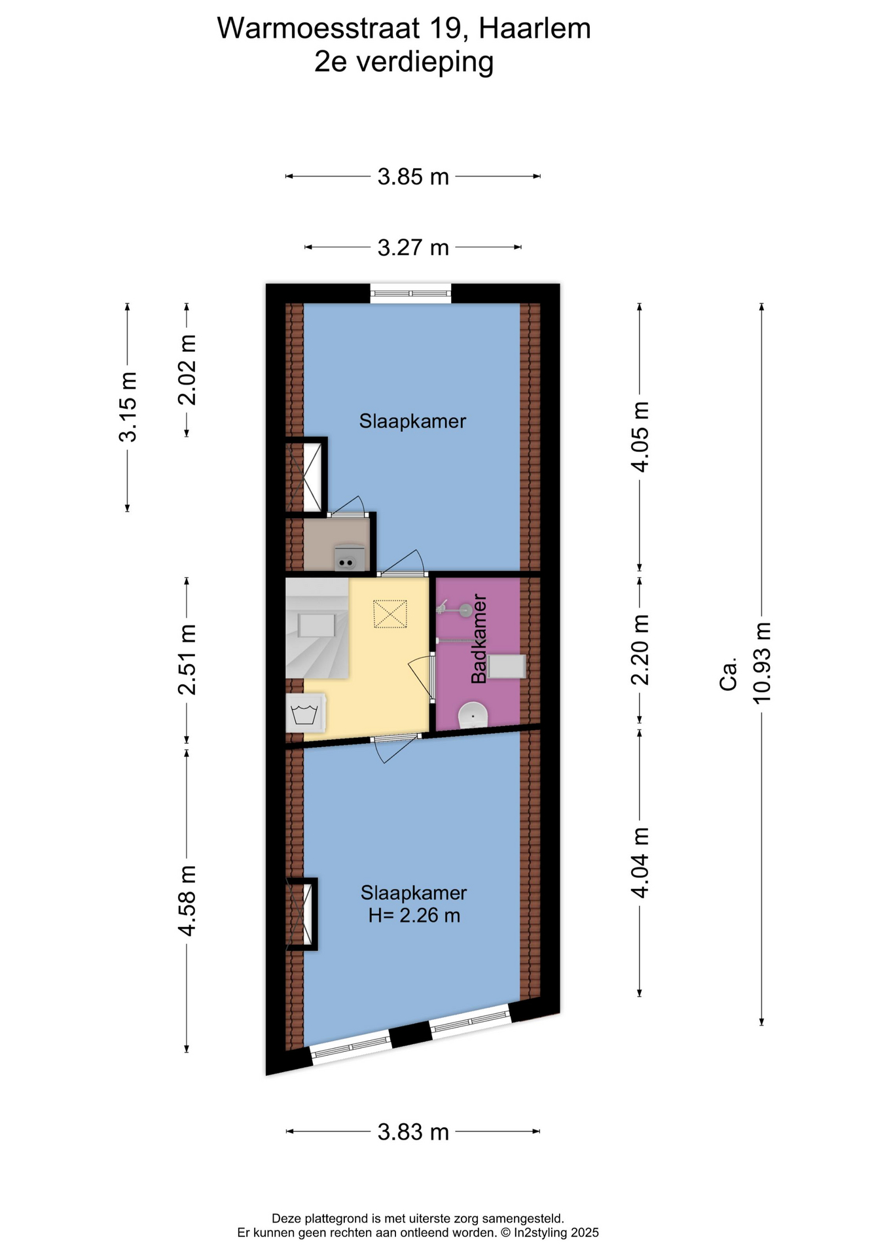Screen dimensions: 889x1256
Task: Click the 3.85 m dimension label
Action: pos(413,177)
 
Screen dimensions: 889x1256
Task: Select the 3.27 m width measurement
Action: pos(413,247)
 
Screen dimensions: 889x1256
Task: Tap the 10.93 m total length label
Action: pos(762,663)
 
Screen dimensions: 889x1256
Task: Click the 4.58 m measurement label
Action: pos(187,901)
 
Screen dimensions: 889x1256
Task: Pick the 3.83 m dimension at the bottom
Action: pos(413,1132)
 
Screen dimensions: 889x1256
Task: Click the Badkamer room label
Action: pos(479,638)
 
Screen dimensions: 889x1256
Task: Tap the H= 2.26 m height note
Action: pos(414,915)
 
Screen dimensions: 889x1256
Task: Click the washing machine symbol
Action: pos(306,712)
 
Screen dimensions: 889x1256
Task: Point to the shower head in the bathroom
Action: pos(456,610)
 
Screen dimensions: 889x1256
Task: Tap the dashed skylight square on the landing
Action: pos(390,614)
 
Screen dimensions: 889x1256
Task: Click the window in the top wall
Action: pos(410,294)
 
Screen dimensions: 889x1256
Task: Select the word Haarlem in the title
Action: pos(535,29)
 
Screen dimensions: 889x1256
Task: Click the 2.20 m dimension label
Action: pos(640,650)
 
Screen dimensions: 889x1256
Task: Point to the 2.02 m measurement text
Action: pos(187,370)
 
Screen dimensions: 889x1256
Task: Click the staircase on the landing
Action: pos(317,628)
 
